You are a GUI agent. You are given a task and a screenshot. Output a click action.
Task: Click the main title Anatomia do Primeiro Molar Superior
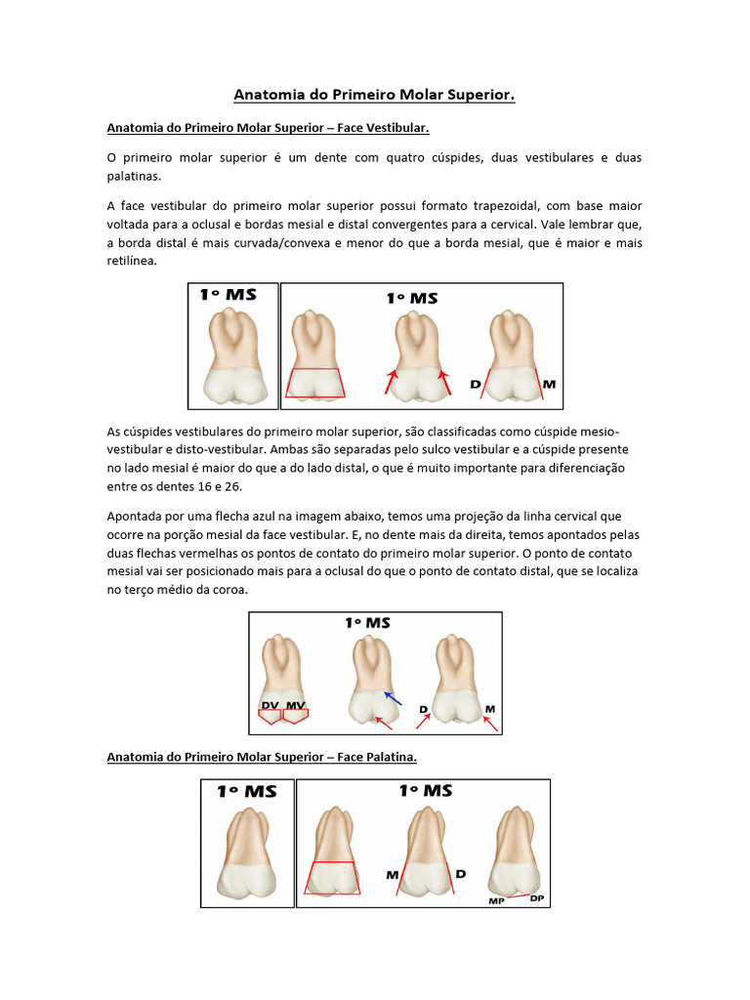[x=374, y=95]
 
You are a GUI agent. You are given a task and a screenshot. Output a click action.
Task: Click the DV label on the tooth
[x=270, y=705]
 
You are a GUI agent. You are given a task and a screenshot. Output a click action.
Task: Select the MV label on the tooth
[x=294, y=705]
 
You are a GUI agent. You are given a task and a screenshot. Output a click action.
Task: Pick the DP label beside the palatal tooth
[x=537, y=896]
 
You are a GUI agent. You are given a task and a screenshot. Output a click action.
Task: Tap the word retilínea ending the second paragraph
[x=131, y=262]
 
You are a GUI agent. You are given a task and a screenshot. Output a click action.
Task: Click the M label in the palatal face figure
[x=392, y=875]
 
